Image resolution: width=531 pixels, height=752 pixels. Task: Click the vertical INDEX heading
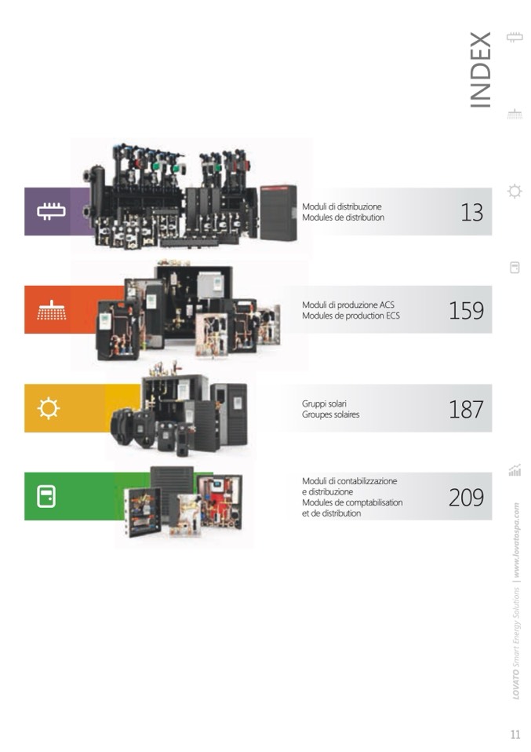(480, 70)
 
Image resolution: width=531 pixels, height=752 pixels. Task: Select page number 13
(471, 212)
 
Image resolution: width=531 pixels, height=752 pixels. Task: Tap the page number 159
(466, 310)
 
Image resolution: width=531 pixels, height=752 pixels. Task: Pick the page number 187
(466, 409)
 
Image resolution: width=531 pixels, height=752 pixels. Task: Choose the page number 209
(466, 497)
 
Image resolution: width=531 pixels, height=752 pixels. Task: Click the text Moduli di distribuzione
(342, 206)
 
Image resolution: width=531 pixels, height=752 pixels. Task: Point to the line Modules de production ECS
(351, 316)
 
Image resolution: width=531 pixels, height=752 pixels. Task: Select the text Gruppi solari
(324, 403)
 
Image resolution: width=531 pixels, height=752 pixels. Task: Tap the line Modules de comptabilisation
(352, 502)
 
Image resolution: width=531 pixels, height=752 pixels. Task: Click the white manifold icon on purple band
(51, 211)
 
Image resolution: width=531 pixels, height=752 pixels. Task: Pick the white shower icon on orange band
(51, 310)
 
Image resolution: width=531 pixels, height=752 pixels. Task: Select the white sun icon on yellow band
(49, 408)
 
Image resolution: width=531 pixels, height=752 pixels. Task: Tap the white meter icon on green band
(46, 496)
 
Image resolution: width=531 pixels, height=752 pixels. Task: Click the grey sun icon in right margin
(515, 192)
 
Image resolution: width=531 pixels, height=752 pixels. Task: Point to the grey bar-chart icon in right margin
(515, 470)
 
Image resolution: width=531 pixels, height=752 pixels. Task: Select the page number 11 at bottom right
(515, 734)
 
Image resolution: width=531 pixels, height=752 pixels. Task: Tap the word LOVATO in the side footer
(515, 684)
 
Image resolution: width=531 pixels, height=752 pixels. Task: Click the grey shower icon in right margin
(515, 114)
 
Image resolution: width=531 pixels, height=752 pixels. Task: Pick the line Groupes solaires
(331, 414)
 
